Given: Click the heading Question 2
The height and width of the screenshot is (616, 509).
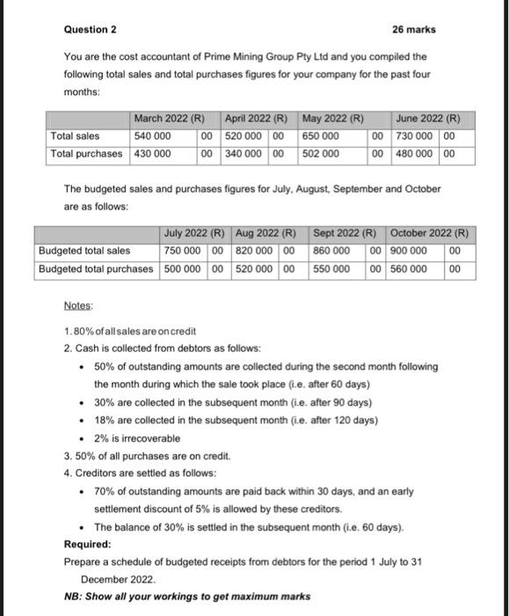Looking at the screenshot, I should click(x=91, y=30).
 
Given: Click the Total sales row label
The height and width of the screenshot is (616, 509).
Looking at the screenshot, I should click(x=75, y=136).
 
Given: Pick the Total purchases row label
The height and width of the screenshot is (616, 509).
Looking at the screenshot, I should click(x=87, y=154).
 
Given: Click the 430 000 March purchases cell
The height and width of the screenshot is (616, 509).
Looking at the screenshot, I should click(x=152, y=154).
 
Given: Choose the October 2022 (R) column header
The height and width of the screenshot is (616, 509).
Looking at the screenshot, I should click(x=429, y=233).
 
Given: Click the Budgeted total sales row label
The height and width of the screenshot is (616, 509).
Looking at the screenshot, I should click(x=84, y=251).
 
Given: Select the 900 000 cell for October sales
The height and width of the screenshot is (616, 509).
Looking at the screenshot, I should click(x=407, y=251).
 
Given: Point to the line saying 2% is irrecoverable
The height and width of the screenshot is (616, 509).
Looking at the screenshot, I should click(x=137, y=437).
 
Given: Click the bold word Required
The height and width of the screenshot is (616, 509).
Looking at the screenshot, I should click(x=87, y=544).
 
